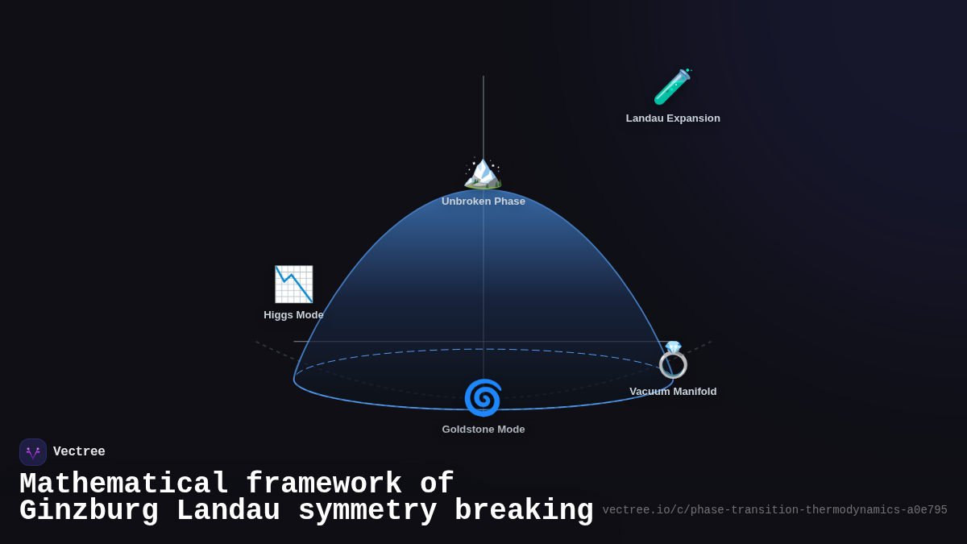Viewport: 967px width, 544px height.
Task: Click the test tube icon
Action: point(672,87)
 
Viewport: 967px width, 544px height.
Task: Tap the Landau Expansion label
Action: point(673,118)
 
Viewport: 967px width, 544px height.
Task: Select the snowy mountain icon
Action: point(483,172)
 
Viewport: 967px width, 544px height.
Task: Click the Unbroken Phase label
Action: point(483,201)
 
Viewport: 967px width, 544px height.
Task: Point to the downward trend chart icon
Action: point(293,284)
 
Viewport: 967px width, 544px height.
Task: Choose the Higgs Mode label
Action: point(293,315)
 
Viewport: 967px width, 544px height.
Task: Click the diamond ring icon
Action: point(673,360)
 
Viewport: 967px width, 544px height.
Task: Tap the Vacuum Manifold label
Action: point(673,392)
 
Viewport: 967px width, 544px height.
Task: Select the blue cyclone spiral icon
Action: point(483,398)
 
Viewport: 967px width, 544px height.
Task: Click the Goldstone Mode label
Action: point(483,430)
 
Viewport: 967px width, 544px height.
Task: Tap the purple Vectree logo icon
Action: point(33,452)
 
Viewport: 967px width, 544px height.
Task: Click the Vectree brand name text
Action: point(79,452)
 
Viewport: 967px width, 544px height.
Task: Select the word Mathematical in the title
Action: point(123,484)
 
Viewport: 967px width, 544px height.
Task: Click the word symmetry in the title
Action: point(367,511)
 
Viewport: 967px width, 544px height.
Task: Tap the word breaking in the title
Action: point(524,511)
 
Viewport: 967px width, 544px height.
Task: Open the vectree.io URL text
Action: point(774,510)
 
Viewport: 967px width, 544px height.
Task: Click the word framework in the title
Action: point(323,484)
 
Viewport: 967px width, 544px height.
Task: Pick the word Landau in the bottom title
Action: point(228,511)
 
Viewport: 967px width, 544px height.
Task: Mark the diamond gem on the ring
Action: point(673,347)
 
